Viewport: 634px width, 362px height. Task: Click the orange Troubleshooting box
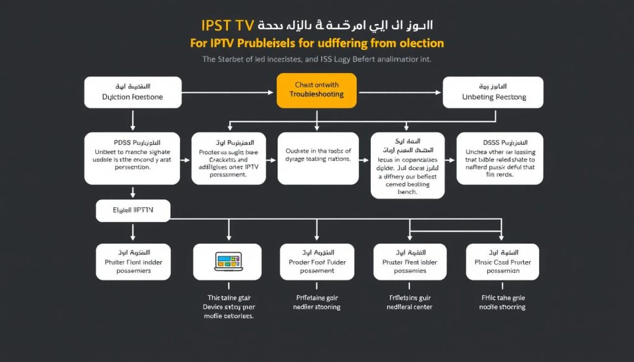click(x=316, y=90)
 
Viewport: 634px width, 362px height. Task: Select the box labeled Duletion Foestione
click(x=132, y=92)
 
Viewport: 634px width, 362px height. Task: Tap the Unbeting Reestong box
click(x=493, y=92)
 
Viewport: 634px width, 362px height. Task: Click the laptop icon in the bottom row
click(x=227, y=261)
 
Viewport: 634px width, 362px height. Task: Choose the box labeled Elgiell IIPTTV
click(x=133, y=210)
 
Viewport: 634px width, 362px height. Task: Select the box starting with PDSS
click(x=132, y=158)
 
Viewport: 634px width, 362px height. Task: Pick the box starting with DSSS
click(x=499, y=158)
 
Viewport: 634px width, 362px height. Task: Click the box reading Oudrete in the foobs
click(x=318, y=158)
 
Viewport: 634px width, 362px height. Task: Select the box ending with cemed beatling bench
click(x=407, y=165)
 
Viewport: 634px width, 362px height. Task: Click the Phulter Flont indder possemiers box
click(x=132, y=262)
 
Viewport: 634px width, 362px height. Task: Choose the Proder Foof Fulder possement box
click(x=318, y=262)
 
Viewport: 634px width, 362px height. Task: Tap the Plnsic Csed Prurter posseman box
click(x=502, y=262)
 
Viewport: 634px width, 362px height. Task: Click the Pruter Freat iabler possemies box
click(x=409, y=262)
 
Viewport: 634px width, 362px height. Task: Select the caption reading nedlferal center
click(x=409, y=306)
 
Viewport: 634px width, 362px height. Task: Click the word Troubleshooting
click(x=316, y=95)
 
